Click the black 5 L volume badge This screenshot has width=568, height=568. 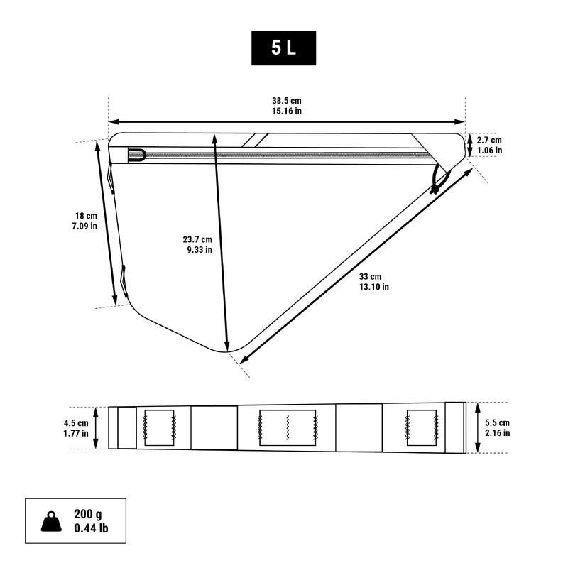(283, 48)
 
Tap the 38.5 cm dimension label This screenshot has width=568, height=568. (287, 101)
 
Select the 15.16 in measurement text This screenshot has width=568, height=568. (287, 111)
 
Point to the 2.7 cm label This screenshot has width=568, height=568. (489, 140)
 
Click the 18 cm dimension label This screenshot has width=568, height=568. (86, 216)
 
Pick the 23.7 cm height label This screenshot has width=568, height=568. (197, 239)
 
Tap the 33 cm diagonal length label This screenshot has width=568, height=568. (370, 277)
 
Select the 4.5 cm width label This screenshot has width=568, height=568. (76, 423)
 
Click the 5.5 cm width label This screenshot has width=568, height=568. (498, 422)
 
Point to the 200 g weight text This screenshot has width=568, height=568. (88, 514)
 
